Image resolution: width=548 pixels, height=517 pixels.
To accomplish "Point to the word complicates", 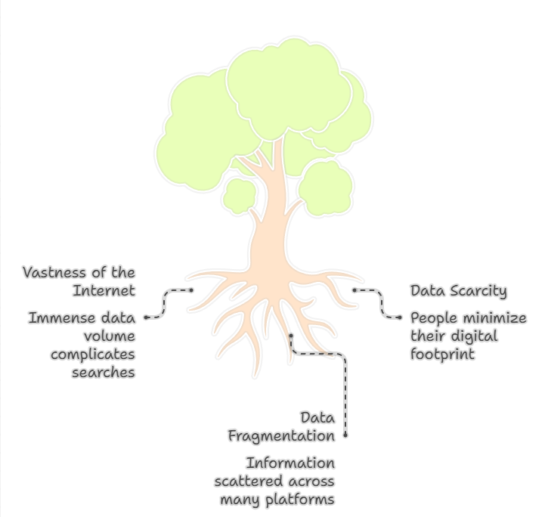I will coord(91,354).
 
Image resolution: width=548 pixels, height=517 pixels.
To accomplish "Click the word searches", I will coord(104,372).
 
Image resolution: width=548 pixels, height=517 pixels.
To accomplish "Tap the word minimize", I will coord(493,318).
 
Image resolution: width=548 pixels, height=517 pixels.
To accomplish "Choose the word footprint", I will coord(443,354).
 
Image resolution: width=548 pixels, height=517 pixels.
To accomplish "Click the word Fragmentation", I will coord(281,436).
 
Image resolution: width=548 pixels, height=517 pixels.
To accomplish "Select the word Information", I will coord(290,463).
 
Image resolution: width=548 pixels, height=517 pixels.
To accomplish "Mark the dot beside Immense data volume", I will coord(146,318).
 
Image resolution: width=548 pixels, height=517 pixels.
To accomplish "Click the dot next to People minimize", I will coord(400,318).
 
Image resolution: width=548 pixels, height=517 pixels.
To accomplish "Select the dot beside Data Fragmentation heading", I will coord(345,435).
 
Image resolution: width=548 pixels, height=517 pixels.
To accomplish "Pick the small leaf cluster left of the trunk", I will coord(240,195).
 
